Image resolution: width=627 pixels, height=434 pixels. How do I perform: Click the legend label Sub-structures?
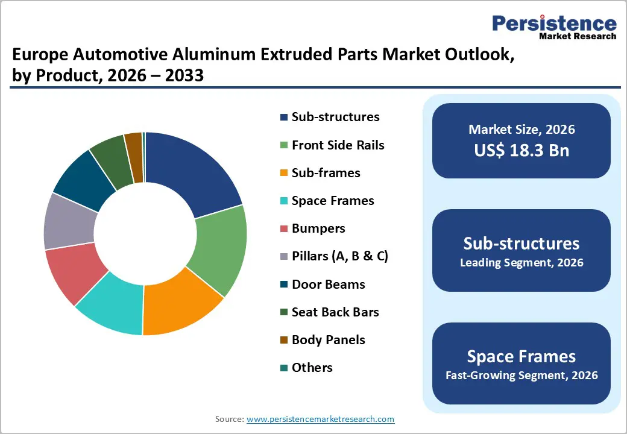click(335, 117)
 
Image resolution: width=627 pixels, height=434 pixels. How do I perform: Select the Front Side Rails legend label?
click(338, 145)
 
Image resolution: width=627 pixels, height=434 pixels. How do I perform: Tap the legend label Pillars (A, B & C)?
click(339, 256)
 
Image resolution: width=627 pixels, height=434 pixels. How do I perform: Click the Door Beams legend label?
click(328, 284)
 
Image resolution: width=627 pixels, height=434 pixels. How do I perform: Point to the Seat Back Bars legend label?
click(335, 312)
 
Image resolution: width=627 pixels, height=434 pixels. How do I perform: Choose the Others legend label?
click(312, 368)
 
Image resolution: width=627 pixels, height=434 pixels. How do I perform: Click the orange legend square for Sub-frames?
click(283, 174)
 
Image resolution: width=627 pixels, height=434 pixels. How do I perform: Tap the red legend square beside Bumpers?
click(283, 229)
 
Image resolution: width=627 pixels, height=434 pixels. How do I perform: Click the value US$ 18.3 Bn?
click(521, 150)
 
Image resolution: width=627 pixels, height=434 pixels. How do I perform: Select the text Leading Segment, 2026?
click(521, 263)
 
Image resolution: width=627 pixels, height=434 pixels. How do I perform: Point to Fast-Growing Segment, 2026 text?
click(521, 376)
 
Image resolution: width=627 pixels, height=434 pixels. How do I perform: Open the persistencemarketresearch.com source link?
click(320, 419)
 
